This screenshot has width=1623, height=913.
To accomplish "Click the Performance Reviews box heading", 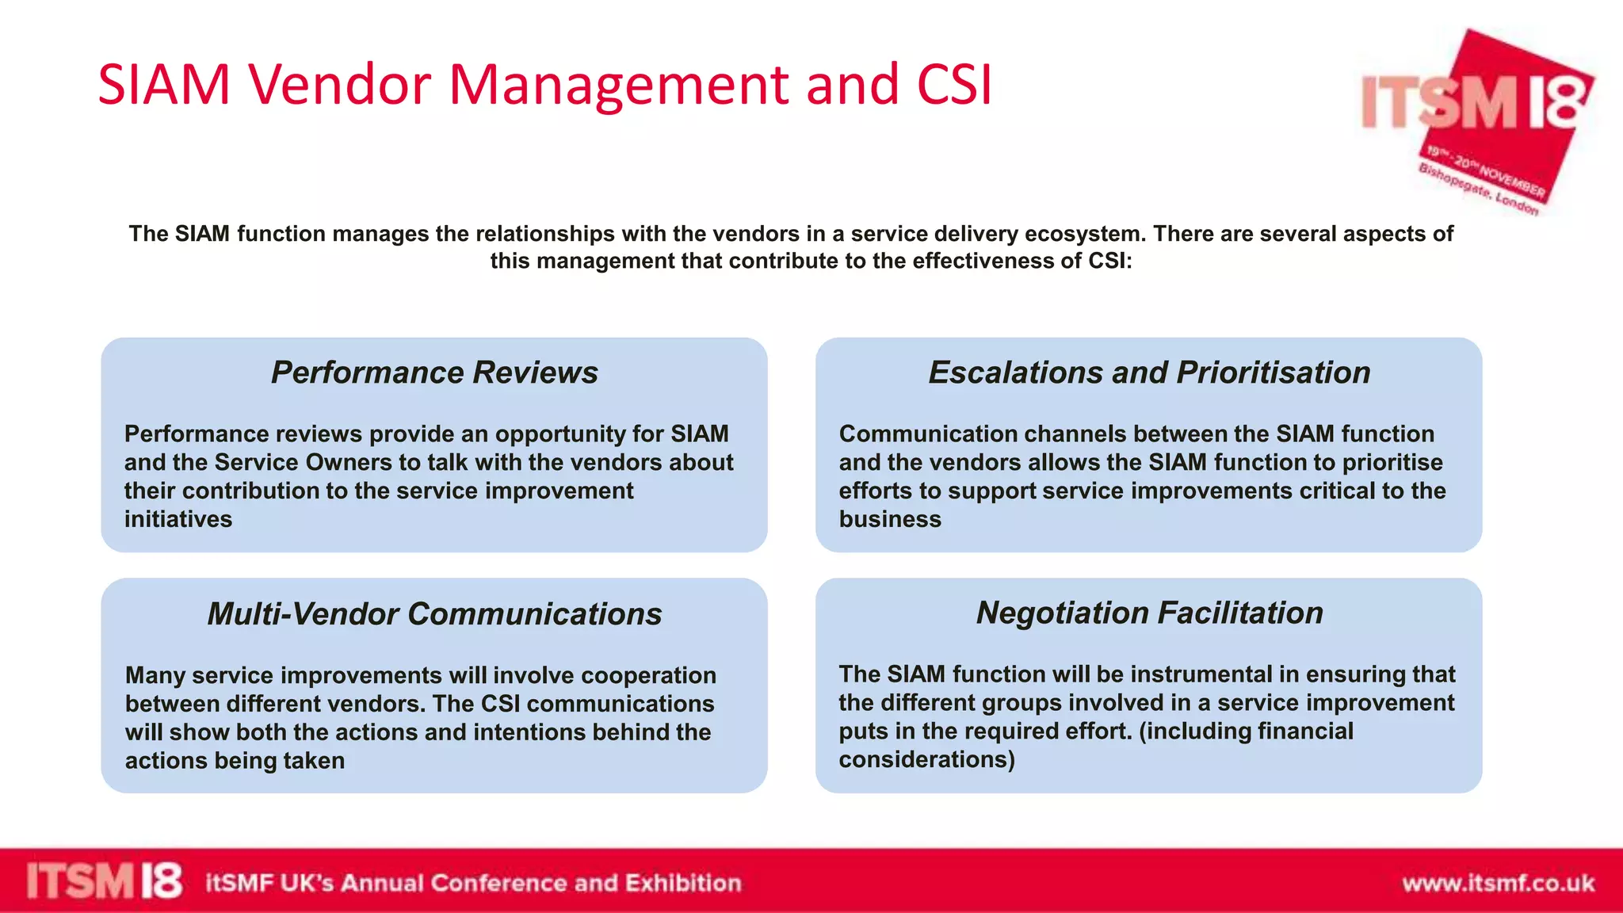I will click(x=434, y=372).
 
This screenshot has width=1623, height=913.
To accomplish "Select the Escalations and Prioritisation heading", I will click(x=1149, y=372).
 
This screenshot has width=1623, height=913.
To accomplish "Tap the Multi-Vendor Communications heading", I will click(x=434, y=614).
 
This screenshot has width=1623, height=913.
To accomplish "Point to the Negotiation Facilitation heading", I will click(x=1149, y=613).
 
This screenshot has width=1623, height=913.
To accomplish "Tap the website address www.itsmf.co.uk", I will click(x=1498, y=883).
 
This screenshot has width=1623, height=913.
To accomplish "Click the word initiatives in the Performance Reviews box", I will click(x=178, y=519).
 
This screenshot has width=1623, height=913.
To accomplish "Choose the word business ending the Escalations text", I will click(x=890, y=519).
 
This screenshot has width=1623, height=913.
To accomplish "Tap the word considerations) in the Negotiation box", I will click(x=926, y=759).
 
